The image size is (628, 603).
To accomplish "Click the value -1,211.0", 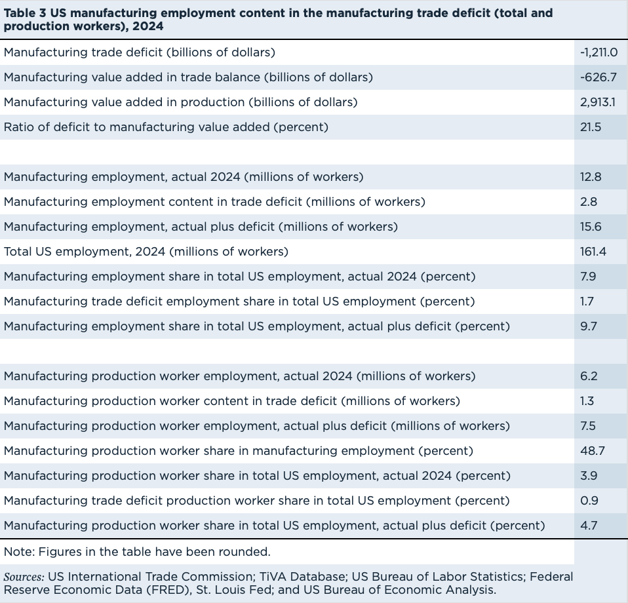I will (x=599, y=52).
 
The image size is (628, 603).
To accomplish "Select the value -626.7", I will (x=599, y=77).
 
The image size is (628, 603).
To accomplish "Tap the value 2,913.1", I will (x=598, y=102).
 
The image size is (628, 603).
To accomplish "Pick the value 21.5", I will (x=591, y=127).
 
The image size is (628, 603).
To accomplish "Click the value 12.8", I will (x=591, y=177).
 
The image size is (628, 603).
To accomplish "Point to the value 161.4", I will (x=593, y=252).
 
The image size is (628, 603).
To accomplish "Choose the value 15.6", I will (x=591, y=227).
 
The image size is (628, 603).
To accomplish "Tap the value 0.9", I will (x=589, y=501).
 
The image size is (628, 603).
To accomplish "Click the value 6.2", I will (x=589, y=376).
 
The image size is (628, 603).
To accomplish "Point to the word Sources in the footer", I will (x=24, y=577).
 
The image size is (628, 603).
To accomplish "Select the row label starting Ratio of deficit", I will (x=166, y=127).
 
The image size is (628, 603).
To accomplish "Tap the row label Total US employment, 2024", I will (x=146, y=252).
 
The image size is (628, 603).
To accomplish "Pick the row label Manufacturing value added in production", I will (x=180, y=102).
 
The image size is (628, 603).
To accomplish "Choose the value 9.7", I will (x=589, y=326).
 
